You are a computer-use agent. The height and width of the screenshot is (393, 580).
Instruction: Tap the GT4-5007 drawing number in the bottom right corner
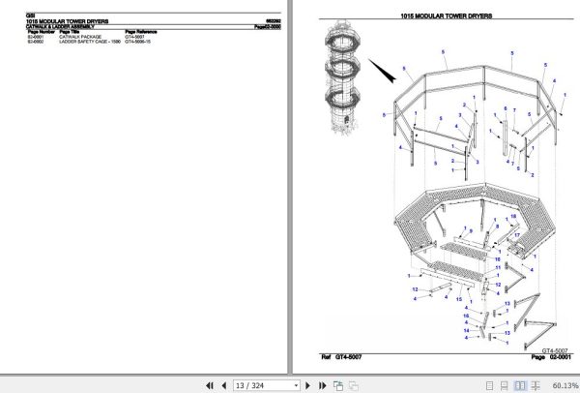(554, 349)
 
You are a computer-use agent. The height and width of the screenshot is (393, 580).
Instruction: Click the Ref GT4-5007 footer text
(343, 358)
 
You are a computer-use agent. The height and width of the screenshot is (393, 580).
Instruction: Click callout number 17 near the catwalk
(517, 235)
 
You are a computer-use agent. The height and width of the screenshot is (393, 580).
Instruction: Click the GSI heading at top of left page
(30, 14)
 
